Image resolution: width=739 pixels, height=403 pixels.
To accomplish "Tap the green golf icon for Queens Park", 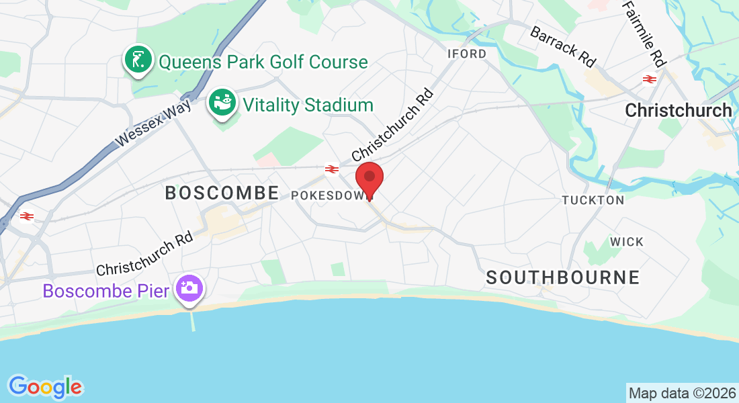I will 138,60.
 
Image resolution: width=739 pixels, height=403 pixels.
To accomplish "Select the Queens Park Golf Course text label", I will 263,62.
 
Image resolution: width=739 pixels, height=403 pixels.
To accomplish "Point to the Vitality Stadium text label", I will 308,105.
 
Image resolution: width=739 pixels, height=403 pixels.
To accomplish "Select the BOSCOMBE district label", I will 222,193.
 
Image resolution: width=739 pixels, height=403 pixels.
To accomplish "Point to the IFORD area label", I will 467,54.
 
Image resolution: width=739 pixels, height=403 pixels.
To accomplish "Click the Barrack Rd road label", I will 563,46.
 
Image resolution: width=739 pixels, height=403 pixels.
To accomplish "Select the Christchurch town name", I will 679,111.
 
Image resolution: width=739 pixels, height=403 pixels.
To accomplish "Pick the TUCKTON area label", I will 593,200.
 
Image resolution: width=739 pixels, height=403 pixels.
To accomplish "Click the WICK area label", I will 626,242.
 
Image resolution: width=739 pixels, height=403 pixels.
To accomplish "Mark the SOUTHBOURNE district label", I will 562,277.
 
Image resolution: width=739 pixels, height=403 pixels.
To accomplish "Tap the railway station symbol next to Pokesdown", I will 331,169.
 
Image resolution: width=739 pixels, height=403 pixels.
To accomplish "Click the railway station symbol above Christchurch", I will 649,79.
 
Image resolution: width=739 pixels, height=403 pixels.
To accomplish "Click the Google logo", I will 46,387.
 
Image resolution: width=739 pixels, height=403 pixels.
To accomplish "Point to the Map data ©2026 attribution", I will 681,392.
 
